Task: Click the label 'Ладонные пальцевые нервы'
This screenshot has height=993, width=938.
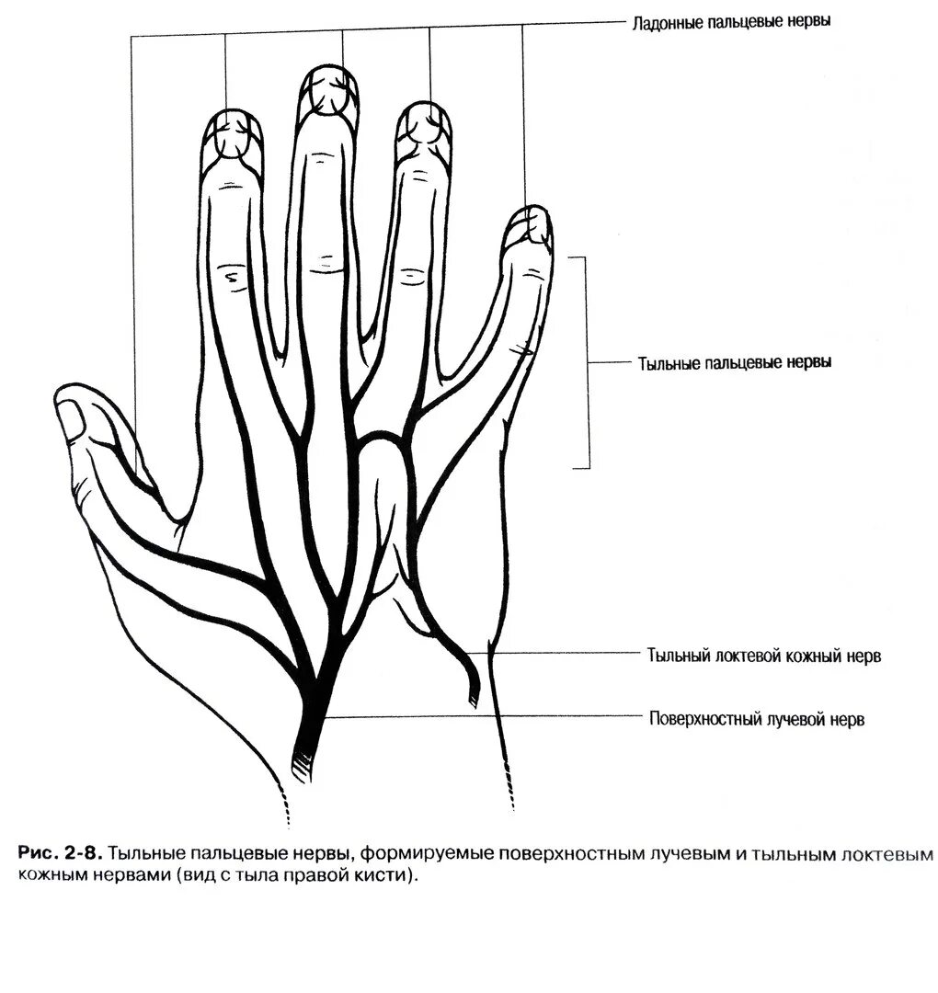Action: (x=731, y=21)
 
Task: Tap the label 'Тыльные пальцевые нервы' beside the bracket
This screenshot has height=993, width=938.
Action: (x=735, y=362)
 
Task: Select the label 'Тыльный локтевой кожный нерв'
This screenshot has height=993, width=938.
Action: (x=764, y=656)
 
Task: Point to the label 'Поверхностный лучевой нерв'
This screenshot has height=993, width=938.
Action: (x=756, y=719)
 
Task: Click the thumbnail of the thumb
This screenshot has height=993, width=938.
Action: (x=71, y=420)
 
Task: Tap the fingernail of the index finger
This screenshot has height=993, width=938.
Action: (x=231, y=134)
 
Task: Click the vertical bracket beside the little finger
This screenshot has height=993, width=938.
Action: (x=586, y=362)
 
